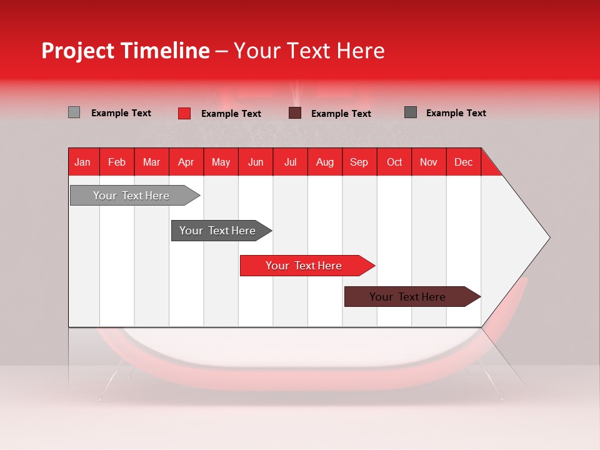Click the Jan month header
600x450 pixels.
pyautogui.click(x=82, y=162)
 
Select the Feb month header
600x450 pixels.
pyautogui.click(x=117, y=162)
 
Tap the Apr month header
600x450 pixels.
pyautogui.click(x=186, y=162)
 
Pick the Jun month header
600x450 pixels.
pyautogui.click(x=256, y=162)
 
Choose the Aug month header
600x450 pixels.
pyautogui.click(x=325, y=162)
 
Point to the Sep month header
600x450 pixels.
pyautogui.click(x=359, y=162)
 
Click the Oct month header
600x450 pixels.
pyautogui.click(x=394, y=162)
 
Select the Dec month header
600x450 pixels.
pyautogui.click(x=464, y=162)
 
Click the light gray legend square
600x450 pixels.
pyautogui.click(x=74, y=112)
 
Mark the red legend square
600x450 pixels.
pyautogui.click(x=184, y=113)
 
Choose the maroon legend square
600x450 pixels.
pyautogui.click(x=295, y=113)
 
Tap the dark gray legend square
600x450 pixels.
pyautogui.click(x=410, y=112)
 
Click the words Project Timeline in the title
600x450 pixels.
pyautogui.click(x=126, y=51)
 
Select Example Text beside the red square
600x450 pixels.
pyautogui.click(x=231, y=114)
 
